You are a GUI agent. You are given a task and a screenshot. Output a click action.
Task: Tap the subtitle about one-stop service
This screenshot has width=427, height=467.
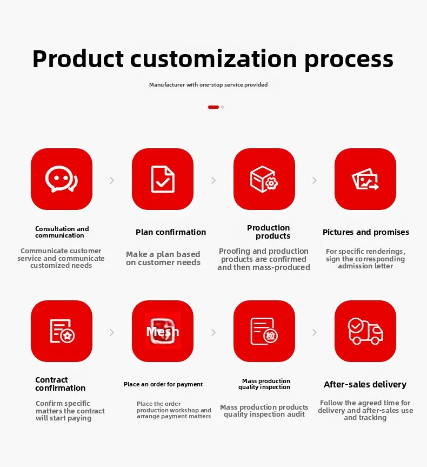(x=208, y=85)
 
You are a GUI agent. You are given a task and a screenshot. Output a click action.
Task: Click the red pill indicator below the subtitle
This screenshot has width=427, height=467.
(x=213, y=107)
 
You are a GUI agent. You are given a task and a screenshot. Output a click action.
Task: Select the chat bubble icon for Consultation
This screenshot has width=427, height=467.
(x=62, y=179)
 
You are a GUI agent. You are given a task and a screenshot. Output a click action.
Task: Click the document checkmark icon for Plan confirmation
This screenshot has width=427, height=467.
(x=163, y=179)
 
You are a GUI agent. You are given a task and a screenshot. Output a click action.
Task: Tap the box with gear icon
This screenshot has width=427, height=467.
(x=264, y=179)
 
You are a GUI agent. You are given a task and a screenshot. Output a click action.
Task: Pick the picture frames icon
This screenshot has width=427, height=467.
(x=365, y=179)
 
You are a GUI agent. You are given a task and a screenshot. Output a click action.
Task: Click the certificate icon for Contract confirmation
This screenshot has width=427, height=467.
(x=62, y=331)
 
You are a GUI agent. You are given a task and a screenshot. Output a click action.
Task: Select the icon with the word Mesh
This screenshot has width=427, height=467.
(x=163, y=331)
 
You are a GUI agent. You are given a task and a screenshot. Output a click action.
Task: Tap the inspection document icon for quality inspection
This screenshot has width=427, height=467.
(x=264, y=331)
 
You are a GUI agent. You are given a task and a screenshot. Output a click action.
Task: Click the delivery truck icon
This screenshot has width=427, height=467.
(x=365, y=331)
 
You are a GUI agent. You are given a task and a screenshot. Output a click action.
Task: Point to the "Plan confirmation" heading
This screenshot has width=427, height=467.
(x=171, y=232)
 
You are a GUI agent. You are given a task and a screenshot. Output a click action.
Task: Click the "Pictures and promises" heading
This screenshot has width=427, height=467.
(x=366, y=232)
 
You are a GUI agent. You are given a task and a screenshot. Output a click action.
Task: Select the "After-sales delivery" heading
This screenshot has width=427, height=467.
(x=365, y=385)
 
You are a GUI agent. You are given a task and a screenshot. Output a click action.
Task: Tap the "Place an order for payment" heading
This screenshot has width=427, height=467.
(x=163, y=384)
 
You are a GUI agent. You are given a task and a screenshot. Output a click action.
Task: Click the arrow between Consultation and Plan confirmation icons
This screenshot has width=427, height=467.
(x=112, y=180)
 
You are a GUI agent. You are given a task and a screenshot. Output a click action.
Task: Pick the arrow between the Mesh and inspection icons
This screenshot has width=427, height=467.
(x=213, y=332)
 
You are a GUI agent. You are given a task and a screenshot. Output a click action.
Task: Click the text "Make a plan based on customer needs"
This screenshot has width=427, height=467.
(x=163, y=258)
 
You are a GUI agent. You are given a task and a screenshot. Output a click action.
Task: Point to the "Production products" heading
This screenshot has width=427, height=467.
(x=269, y=232)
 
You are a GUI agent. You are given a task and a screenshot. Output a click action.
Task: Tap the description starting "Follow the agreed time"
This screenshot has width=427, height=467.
(x=365, y=410)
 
